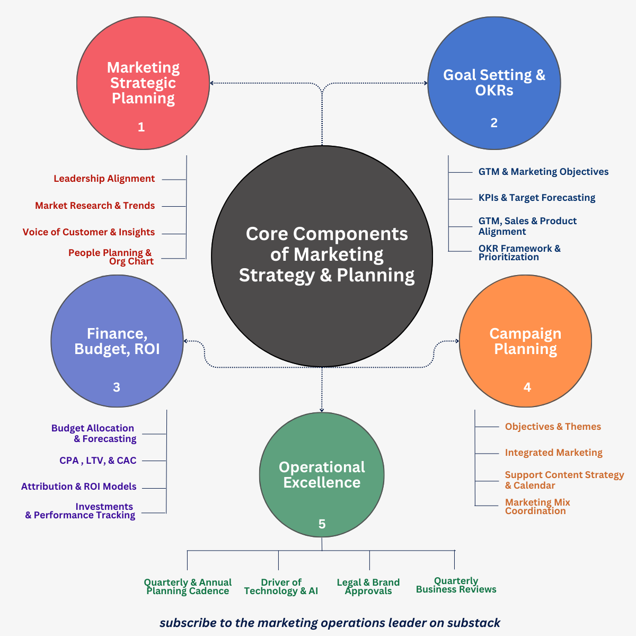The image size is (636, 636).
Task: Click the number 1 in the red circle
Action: click(x=141, y=127)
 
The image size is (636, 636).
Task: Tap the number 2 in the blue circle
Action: click(x=494, y=123)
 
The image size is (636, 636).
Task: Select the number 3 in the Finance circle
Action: click(x=117, y=387)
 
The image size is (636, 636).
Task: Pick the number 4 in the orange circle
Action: click(x=527, y=387)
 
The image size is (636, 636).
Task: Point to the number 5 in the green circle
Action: click(x=322, y=524)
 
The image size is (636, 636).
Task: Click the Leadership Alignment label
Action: click(x=104, y=179)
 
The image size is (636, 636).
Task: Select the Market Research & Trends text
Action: click(x=95, y=206)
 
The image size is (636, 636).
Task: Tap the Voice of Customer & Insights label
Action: click(x=89, y=232)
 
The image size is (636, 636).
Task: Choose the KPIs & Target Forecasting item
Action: click(x=536, y=198)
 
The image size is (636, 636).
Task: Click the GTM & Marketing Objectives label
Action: click(x=543, y=172)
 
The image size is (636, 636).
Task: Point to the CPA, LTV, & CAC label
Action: click(x=98, y=461)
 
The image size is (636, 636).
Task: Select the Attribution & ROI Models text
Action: click(x=79, y=487)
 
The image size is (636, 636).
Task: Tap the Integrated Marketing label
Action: click(x=553, y=453)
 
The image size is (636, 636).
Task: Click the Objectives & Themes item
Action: click(x=553, y=427)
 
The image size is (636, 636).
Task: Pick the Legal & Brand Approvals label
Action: click(x=368, y=587)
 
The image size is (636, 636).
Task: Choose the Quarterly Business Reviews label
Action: click(x=456, y=585)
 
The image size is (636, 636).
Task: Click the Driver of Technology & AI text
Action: click(x=281, y=587)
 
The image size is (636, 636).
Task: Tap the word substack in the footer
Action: click(x=474, y=623)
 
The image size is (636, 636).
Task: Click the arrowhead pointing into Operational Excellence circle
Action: click(x=322, y=409)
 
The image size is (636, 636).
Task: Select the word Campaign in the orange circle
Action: click(x=525, y=334)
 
